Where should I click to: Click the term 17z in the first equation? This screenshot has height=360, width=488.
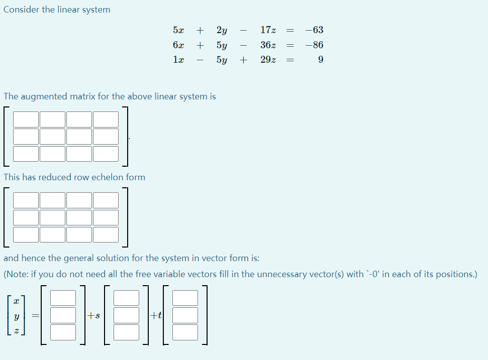268,30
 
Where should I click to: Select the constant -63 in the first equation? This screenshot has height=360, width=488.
314,30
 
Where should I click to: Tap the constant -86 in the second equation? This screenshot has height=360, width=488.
314,45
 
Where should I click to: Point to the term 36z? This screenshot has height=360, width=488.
268,45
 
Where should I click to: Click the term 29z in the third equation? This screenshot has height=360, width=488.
268,60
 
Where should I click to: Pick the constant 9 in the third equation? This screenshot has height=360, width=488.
321,60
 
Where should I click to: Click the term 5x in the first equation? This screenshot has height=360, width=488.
178,30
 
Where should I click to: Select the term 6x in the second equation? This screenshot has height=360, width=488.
178,45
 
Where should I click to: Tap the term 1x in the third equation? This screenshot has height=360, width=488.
178,60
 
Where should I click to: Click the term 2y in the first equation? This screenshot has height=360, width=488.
222,30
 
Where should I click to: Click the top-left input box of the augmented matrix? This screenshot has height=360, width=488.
26,119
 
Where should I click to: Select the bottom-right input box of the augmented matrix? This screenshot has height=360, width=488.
106,154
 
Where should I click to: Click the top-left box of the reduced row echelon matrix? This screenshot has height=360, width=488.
26,200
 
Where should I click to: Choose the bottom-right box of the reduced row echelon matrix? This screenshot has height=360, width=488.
106,234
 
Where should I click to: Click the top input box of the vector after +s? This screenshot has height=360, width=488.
126,298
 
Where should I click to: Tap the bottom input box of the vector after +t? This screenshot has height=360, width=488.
185,332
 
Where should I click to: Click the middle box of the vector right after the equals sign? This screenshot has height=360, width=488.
63,315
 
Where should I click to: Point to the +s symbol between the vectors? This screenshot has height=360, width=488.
93,316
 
